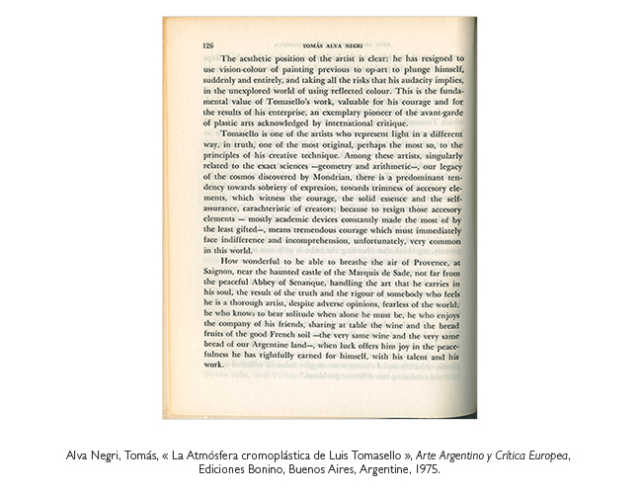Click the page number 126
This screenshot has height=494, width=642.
pyautogui.click(x=207, y=45)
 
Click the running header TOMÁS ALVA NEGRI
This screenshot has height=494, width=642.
pyautogui.click(x=332, y=45)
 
